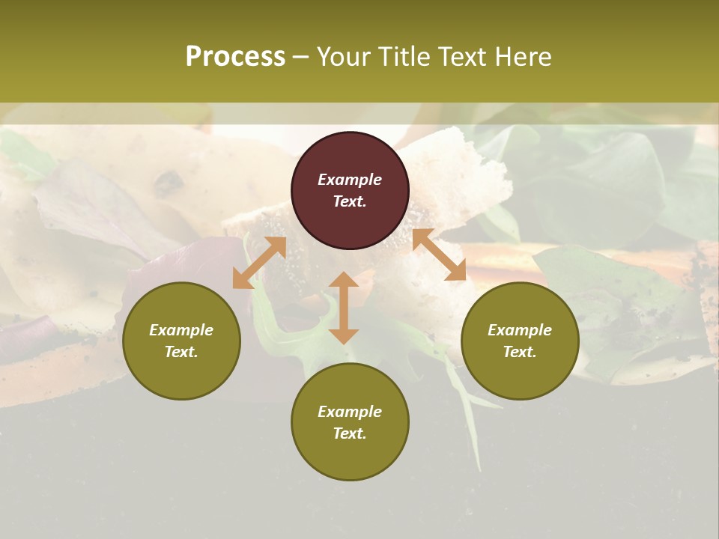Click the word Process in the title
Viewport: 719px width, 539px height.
click(x=235, y=57)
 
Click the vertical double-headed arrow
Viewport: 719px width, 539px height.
click(x=344, y=308)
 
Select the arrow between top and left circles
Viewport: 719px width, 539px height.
click(x=259, y=263)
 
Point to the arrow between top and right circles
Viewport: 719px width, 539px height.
click(x=440, y=255)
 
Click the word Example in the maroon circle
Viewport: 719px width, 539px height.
click(x=350, y=180)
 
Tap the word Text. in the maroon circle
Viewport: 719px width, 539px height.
click(x=350, y=201)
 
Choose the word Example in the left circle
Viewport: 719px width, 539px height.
click(x=181, y=330)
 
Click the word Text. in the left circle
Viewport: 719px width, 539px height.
click(x=181, y=352)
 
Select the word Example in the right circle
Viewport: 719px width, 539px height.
click(x=520, y=330)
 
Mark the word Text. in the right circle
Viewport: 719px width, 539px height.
click(x=520, y=352)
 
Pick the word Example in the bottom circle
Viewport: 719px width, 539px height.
click(x=350, y=412)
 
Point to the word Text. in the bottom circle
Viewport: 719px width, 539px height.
click(x=350, y=433)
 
